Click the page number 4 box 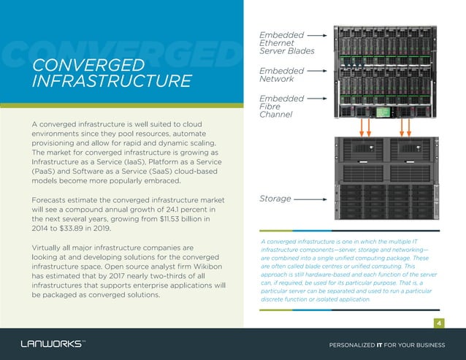coord(439,323)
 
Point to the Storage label coord(276,199)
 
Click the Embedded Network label coord(282,74)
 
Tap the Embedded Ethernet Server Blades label coord(286,42)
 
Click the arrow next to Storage coord(310,199)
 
